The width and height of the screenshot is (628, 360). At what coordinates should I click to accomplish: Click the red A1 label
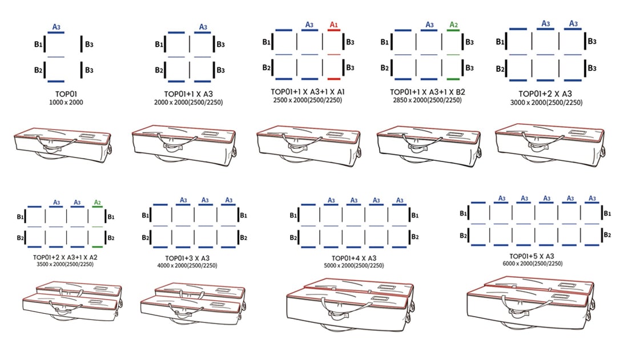pyautogui.click(x=333, y=25)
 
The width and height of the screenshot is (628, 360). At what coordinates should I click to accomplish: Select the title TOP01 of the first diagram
pyautogui.click(x=66, y=94)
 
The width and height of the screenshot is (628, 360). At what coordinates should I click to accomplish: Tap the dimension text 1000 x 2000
pyautogui.click(x=66, y=103)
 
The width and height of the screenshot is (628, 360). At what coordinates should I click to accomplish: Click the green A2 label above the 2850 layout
pyautogui.click(x=453, y=25)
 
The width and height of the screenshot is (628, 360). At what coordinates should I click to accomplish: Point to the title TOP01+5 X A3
pyautogui.click(x=532, y=256)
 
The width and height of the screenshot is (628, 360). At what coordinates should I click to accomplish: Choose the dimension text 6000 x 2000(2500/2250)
pyautogui.click(x=532, y=264)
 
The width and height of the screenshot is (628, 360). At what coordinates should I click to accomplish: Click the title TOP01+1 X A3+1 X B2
pyautogui.click(x=428, y=92)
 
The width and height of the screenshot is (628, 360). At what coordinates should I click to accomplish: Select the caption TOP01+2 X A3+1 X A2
pyautogui.click(x=65, y=257)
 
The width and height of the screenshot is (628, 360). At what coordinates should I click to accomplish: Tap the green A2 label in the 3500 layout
pyautogui.click(x=97, y=203)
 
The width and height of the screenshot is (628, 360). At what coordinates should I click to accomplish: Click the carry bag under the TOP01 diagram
pyautogui.click(x=62, y=144)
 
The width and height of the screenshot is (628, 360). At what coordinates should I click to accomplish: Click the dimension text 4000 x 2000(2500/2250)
pyautogui.click(x=187, y=265)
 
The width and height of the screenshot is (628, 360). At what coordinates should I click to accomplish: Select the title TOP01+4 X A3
pyautogui.click(x=353, y=258)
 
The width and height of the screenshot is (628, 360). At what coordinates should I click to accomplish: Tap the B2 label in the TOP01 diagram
pyautogui.click(x=38, y=70)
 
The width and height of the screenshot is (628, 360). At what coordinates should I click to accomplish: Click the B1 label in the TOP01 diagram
pyautogui.click(x=38, y=45)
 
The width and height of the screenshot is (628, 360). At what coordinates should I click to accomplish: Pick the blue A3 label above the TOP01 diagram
pyautogui.click(x=57, y=27)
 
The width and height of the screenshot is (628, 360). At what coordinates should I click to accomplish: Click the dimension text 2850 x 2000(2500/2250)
pyautogui.click(x=427, y=100)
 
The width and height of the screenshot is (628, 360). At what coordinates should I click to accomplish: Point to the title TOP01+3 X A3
pyautogui.click(x=187, y=258)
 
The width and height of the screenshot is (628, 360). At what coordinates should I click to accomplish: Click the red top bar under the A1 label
pyautogui.click(x=333, y=30)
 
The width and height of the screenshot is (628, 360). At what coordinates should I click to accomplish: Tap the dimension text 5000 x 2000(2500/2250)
pyautogui.click(x=353, y=265)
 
